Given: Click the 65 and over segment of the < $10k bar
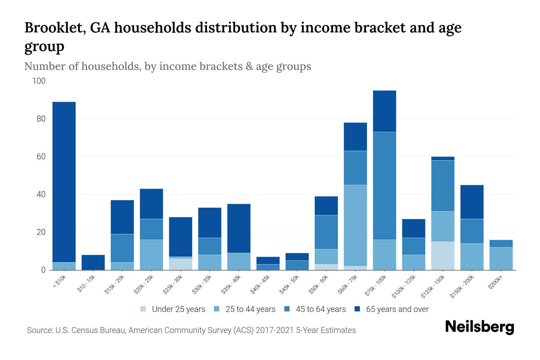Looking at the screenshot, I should coord(64,182).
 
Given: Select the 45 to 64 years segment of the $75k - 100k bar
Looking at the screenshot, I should coord(384,186).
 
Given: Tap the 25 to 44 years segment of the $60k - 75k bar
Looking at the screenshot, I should coord(355,225).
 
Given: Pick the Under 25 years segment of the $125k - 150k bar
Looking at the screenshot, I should coord(442,256).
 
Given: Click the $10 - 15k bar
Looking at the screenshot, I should coord(93,262).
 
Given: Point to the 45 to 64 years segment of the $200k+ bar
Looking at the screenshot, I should coord(501,244).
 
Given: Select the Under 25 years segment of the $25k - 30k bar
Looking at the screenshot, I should coord(180,264).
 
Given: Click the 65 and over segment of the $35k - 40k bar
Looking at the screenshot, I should coord(239,228).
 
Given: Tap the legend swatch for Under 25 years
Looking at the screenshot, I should coord(143,309).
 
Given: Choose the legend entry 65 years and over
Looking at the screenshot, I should coord(397,309).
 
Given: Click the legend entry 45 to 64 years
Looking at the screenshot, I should coord(320,309).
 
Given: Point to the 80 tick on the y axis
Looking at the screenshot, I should coord(41,119).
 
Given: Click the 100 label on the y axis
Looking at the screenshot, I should coord(39,81).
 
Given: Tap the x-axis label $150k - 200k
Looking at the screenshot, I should coord(462,286).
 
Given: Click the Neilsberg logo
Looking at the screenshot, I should coord(479,327).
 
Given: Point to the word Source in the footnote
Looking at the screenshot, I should coord(39,330).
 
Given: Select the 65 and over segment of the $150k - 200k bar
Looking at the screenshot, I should coord(472,202).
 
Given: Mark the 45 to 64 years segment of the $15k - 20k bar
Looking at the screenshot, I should coord(122,248).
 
